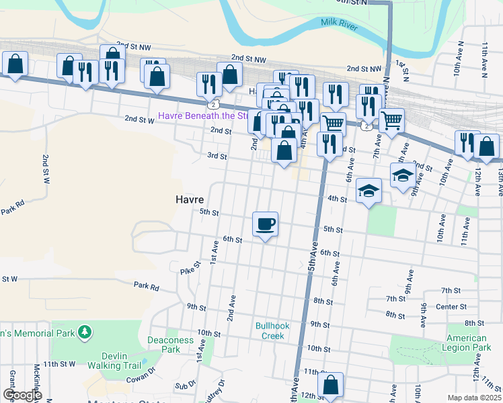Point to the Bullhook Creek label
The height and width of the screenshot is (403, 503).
click(272, 330)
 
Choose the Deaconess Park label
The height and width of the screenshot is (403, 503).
click(171, 345)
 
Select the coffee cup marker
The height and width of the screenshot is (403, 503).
click(266, 224)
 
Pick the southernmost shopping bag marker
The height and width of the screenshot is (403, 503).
click(330, 386)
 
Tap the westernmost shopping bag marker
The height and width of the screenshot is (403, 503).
click(15, 64)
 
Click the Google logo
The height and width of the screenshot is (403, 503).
click(22, 395)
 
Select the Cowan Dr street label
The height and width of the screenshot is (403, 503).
click(143, 376)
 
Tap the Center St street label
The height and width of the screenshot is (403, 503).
click(465, 306)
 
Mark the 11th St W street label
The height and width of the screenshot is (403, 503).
click(59, 364)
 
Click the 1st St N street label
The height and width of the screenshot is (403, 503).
click(402, 66)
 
